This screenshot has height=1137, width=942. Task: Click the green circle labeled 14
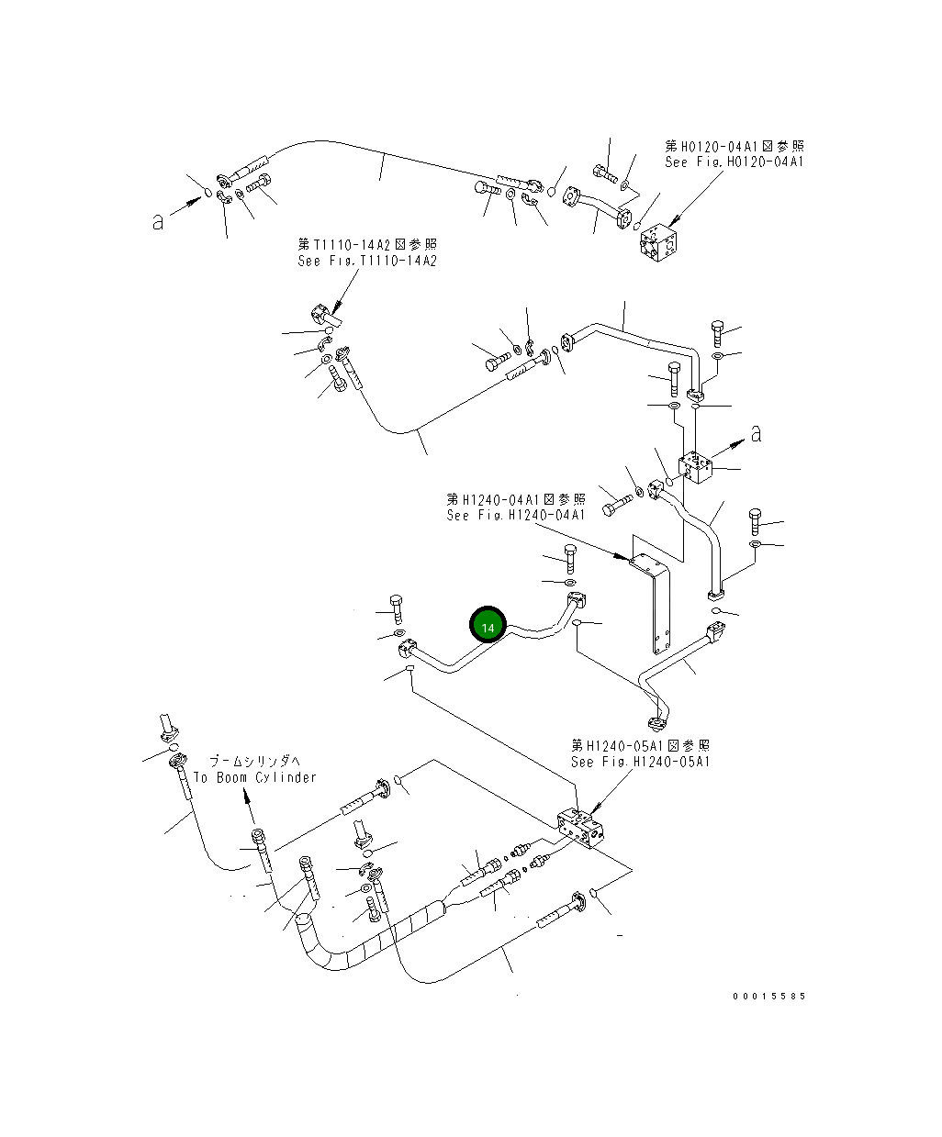point(488,627)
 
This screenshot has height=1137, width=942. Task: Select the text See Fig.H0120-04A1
point(734,162)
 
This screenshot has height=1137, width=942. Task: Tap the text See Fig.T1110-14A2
point(367,261)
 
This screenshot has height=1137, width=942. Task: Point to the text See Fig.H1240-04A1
point(516,515)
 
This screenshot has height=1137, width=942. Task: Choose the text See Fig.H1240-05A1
point(640,762)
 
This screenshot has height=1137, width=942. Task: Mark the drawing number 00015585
point(768,996)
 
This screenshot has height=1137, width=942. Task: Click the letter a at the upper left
point(158,221)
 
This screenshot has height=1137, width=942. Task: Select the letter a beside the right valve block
point(756,433)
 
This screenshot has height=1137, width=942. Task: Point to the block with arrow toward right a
point(699,468)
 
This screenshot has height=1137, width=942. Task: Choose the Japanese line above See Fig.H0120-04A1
point(734,146)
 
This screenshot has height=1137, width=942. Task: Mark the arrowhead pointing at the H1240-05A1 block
point(595,809)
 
